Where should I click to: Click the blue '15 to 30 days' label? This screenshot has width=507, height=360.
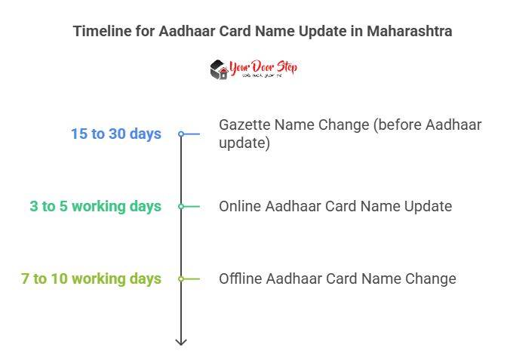pyautogui.click(x=116, y=134)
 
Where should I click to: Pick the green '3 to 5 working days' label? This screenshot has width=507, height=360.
pyautogui.click(x=96, y=206)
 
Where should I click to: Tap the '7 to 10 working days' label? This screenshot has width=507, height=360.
pyautogui.click(x=91, y=278)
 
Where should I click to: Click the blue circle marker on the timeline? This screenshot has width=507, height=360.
pyautogui.click(x=181, y=134)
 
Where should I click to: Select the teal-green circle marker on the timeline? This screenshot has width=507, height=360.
pyautogui.click(x=181, y=206)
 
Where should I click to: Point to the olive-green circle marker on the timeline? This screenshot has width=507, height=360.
pyautogui.click(x=181, y=278)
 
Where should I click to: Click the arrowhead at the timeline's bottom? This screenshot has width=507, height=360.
pyautogui.click(x=181, y=341)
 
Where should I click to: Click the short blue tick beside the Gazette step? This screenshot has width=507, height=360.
pyautogui.click(x=192, y=134)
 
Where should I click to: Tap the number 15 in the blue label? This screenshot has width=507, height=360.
pyautogui.click(x=78, y=134)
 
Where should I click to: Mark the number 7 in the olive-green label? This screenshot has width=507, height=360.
pyautogui.click(x=26, y=278)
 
